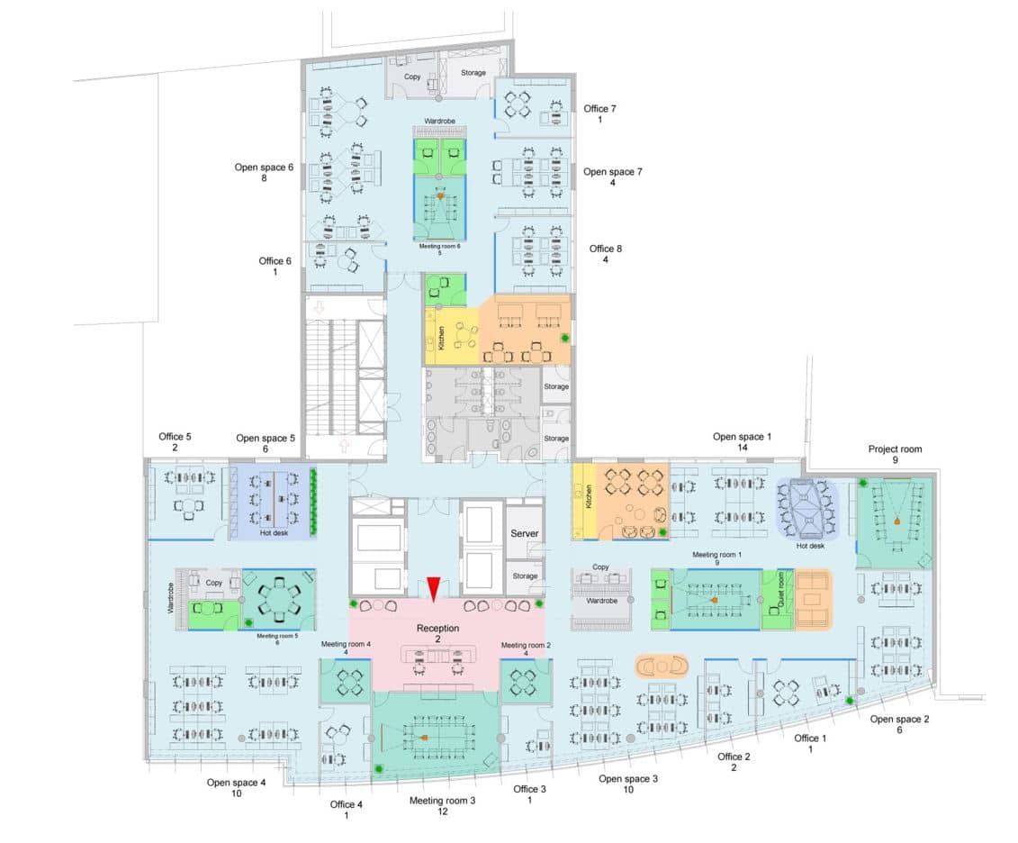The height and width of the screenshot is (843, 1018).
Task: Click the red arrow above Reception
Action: tap(433, 588)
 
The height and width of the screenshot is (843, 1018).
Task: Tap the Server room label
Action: tap(524, 534)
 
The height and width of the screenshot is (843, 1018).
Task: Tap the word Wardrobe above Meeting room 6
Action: tap(439, 122)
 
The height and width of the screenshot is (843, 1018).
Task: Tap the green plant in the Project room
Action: tap(863, 484)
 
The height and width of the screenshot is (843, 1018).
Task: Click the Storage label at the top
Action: tap(473, 73)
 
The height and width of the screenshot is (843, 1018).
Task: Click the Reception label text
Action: tap(437, 628)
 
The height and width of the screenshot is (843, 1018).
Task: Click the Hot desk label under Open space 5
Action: tap(274, 533)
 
